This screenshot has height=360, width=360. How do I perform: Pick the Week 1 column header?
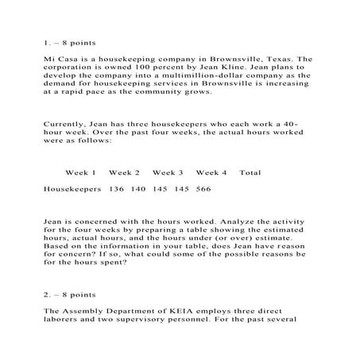click(80, 172)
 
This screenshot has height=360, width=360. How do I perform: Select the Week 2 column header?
click(124, 172)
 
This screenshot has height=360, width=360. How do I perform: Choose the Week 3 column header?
click(168, 172)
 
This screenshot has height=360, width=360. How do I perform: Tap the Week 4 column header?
click(211, 172)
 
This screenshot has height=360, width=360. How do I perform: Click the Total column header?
click(250, 172)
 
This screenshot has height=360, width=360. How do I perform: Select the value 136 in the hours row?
click(115, 189)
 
